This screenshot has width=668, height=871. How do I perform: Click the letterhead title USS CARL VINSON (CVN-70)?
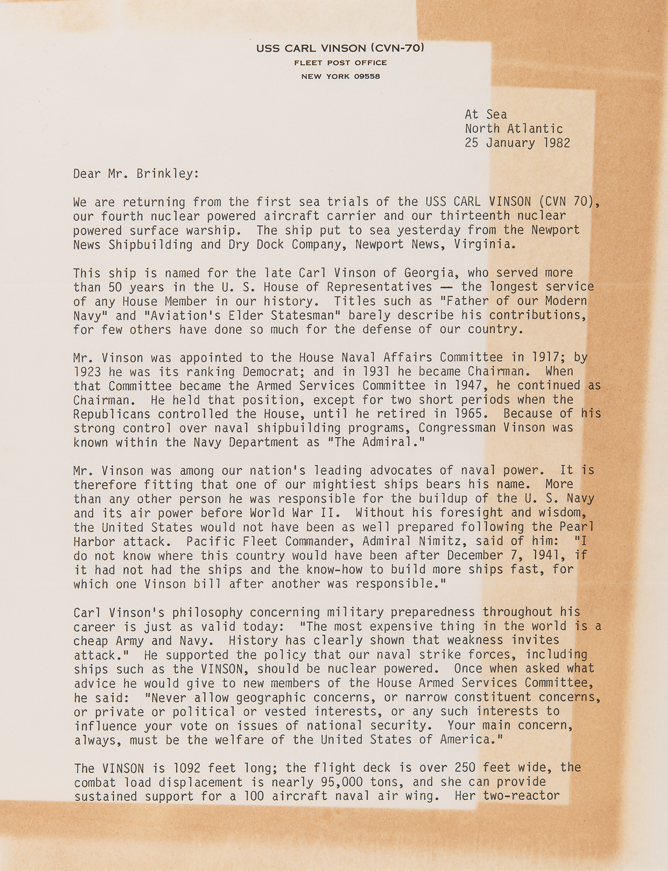point(340,48)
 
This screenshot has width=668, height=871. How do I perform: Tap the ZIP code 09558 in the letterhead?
point(367,77)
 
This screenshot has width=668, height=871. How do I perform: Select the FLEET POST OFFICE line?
point(340,63)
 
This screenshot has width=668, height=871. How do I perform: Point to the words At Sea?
point(486,115)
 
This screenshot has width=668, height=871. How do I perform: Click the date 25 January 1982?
point(517,143)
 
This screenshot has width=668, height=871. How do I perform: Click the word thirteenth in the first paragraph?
point(475,216)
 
